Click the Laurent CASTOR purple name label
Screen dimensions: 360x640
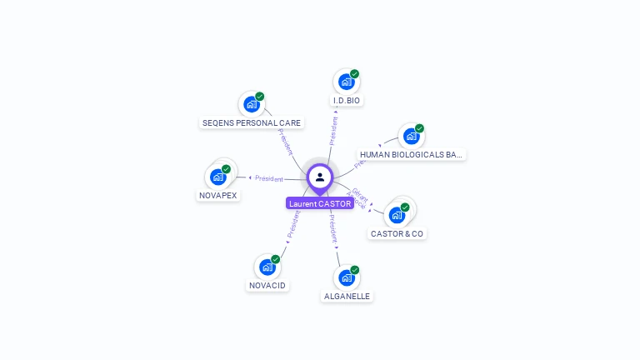point(320,203)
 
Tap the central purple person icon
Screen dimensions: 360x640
point(320,177)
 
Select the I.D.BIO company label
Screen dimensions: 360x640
point(347,101)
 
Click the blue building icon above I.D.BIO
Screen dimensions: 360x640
point(347,82)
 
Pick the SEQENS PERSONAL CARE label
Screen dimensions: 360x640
point(252,122)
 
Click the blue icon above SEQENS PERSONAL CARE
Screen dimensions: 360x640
point(252,104)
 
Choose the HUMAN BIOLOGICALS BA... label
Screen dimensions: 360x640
point(411,155)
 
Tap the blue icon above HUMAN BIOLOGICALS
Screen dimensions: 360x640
point(411,136)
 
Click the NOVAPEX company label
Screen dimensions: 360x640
point(218,196)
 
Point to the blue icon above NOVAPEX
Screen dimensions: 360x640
point(218,177)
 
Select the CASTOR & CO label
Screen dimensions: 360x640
point(397,234)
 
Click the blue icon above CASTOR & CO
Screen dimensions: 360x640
point(397,214)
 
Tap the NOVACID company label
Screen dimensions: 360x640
point(267,286)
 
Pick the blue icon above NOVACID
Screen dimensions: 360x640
point(267,267)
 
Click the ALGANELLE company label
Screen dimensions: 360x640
point(347,296)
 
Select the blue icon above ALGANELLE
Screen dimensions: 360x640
point(347,277)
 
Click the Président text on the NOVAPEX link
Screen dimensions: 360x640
point(269,178)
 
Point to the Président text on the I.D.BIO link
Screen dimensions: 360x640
point(333,131)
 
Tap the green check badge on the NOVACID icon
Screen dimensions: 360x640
point(275,259)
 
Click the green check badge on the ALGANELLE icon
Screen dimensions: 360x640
point(354,270)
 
